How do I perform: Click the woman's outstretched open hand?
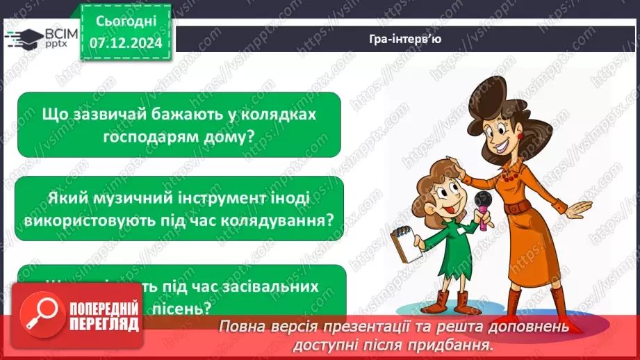[x=578, y=209]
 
